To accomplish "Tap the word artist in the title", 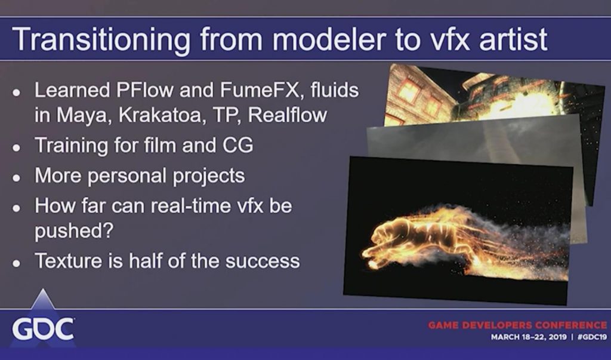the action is (x=513, y=39).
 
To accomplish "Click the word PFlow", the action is (x=144, y=90).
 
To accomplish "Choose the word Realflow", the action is (x=287, y=115).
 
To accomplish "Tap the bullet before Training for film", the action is (x=16, y=147).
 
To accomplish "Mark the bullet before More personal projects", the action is (x=16, y=178).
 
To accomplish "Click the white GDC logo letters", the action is (x=43, y=329).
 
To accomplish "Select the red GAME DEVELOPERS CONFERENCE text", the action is (x=517, y=325).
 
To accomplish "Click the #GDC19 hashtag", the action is (x=593, y=337).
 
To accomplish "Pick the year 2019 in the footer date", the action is (x=558, y=337).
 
